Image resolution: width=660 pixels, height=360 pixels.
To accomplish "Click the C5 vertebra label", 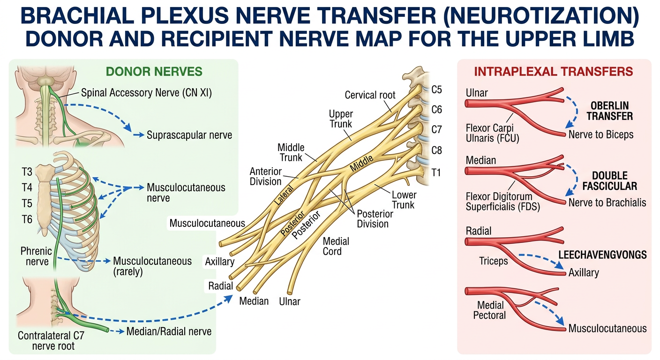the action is tap(437, 90).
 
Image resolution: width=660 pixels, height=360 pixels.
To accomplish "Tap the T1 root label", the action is tap(436, 172).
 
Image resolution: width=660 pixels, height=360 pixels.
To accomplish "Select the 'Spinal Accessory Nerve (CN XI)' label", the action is tap(146, 93).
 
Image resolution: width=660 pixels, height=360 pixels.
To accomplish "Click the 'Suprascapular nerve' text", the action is tap(189, 135).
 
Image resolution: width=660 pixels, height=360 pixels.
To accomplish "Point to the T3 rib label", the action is tap(27, 172).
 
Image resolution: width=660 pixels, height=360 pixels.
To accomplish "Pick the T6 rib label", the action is tap(27, 219).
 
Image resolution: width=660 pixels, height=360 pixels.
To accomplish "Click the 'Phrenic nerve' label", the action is tap(36, 256).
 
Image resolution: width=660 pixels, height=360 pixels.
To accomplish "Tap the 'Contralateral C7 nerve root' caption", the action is tap(51, 341).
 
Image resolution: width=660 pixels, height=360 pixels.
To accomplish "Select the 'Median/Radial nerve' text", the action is tap(169, 331).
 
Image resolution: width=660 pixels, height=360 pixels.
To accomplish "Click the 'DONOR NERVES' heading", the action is tap(154, 72).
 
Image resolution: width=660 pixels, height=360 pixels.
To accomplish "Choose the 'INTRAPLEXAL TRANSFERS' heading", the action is tap(554, 72).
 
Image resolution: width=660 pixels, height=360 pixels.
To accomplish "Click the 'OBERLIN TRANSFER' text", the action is tap(610, 111).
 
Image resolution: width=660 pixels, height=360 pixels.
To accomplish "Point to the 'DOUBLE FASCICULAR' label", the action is tap(610, 181).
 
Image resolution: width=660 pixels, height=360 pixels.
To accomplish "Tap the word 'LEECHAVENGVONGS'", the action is tap(602, 255).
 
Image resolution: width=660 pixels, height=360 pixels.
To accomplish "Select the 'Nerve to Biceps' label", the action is tap(601, 135).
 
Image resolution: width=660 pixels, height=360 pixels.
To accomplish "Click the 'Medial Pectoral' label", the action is tap(489, 310).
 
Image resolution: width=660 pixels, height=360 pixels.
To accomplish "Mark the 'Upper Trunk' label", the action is tap(341, 119).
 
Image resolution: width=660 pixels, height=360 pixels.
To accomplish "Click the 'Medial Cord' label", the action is tap(336, 246).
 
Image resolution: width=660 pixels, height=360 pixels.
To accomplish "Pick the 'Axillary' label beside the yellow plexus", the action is tap(220, 261).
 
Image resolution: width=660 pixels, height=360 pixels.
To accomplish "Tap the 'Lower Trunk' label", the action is tap(404, 200).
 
